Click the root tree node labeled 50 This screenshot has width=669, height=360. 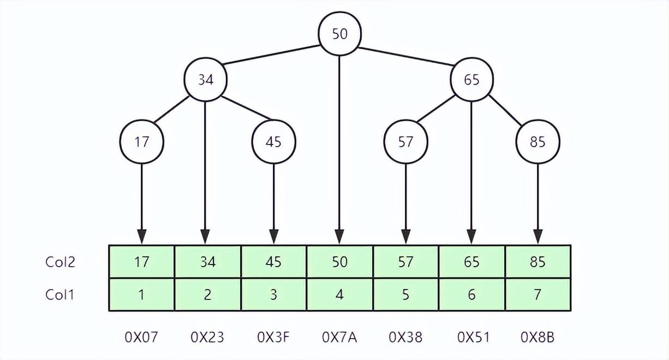pyautogui.click(x=339, y=34)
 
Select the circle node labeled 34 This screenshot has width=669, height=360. pyautogui.click(x=205, y=80)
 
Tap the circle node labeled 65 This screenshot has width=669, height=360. pyautogui.click(x=471, y=80)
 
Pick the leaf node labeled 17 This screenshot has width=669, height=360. pyautogui.click(x=141, y=142)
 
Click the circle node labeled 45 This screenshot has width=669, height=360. pyautogui.click(x=273, y=142)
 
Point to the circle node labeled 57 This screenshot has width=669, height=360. pyautogui.click(x=405, y=142)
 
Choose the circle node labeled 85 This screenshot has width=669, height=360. pyautogui.click(x=537, y=142)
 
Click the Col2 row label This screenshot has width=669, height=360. pyautogui.click(x=59, y=262)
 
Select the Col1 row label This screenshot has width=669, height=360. pyautogui.click(x=59, y=295)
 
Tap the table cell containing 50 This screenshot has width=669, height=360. pyautogui.click(x=339, y=262)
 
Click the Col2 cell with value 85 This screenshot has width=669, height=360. pyautogui.click(x=537, y=262)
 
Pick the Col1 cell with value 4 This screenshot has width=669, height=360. pyautogui.click(x=339, y=295)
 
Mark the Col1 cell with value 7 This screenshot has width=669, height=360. pyautogui.click(x=537, y=295)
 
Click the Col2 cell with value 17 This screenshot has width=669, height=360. pyautogui.click(x=141, y=262)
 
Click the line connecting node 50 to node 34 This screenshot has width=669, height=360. pyautogui.click(x=271, y=55)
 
